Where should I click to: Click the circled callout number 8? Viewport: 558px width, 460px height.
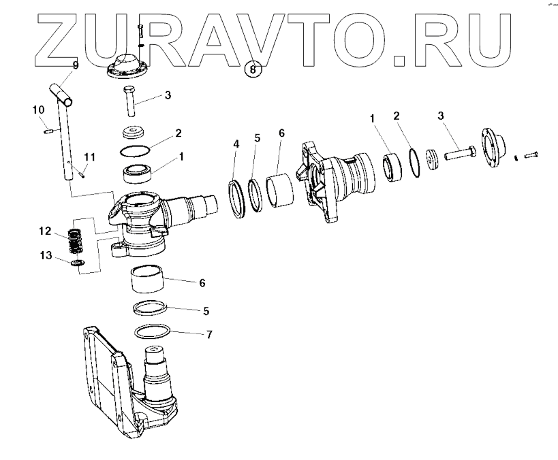coord(253,69)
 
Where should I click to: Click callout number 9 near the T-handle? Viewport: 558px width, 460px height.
coord(76,65)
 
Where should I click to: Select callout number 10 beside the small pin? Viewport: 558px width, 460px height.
coord(37,109)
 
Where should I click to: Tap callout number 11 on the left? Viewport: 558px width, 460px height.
coord(89,157)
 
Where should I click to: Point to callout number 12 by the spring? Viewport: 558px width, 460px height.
coord(44,231)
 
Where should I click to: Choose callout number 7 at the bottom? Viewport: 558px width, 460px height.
coord(210,334)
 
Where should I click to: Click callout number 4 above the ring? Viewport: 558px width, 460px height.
coord(236,144)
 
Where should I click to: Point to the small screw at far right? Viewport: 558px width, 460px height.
coord(531,154)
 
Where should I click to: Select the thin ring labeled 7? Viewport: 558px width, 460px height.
coord(153,332)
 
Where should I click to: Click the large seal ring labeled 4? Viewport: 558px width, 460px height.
coord(237,199)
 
